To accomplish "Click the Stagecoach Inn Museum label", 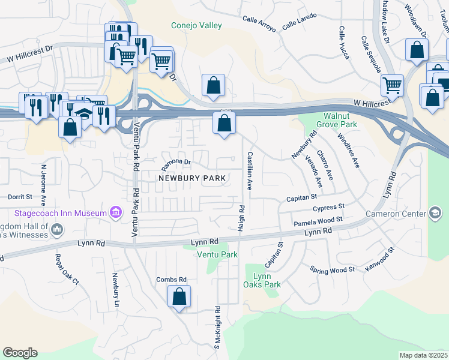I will (60, 213).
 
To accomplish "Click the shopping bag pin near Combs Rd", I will (179, 296).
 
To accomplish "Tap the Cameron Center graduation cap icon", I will (435, 214).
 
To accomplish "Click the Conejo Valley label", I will (196, 25).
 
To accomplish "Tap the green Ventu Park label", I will (217, 255).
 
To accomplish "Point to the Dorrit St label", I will (20, 196).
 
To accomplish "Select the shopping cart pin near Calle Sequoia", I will (393, 85).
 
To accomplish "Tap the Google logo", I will (20, 352).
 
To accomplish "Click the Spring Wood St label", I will (333, 269).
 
